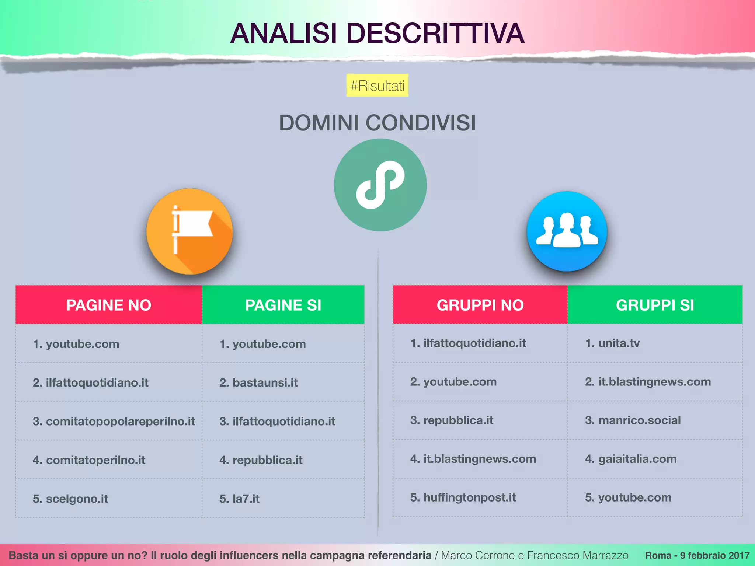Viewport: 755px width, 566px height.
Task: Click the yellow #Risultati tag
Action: tap(377, 85)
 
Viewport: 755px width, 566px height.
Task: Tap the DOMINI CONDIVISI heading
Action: tap(377, 123)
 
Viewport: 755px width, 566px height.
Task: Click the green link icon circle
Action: tap(380, 185)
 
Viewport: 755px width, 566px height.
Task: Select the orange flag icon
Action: tap(189, 231)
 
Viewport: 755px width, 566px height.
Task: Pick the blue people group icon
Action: tap(567, 231)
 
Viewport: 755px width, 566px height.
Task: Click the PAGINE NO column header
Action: tap(109, 305)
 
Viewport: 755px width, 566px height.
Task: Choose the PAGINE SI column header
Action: tap(283, 305)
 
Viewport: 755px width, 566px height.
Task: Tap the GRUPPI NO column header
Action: tap(480, 305)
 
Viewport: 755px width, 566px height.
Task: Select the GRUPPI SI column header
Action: tap(655, 305)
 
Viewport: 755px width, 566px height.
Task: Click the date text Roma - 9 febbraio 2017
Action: tap(697, 555)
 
